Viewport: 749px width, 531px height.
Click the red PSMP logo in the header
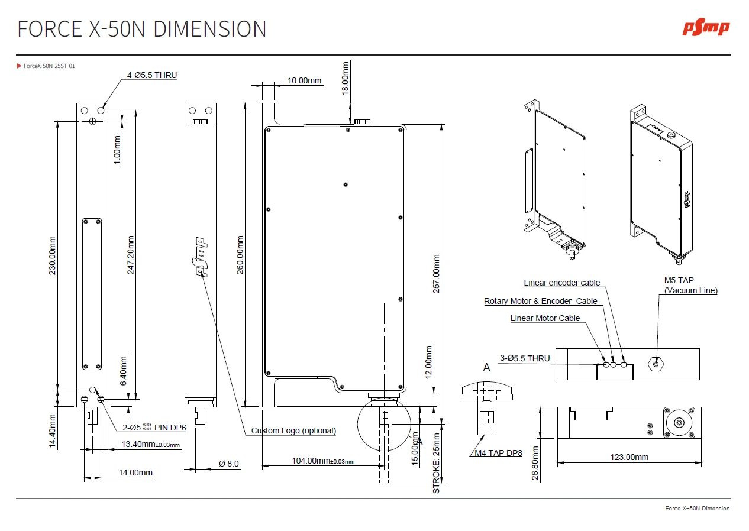pyautogui.click(x=706, y=29)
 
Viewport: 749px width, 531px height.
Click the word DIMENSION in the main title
pyautogui.click(x=210, y=29)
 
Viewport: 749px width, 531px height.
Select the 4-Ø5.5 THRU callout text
pyautogui.click(x=152, y=75)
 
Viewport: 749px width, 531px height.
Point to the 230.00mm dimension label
pyautogui.click(x=53, y=255)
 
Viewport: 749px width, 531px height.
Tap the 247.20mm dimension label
pyautogui.click(x=130, y=255)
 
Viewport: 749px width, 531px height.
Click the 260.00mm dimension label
pyautogui.click(x=240, y=255)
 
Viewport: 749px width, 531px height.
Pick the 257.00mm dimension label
pyautogui.click(x=437, y=274)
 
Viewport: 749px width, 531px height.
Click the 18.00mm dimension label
pyautogui.click(x=345, y=78)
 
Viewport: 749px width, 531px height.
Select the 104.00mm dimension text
pyautogui.click(x=324, y=461)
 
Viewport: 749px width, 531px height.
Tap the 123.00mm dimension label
pyautogui.click(x=629, y=457)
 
